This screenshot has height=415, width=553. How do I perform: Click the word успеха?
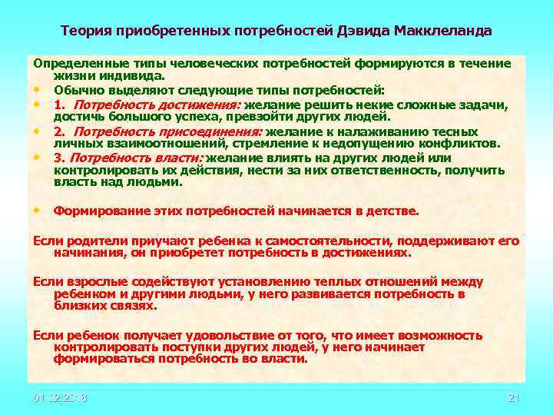point(203,117)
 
